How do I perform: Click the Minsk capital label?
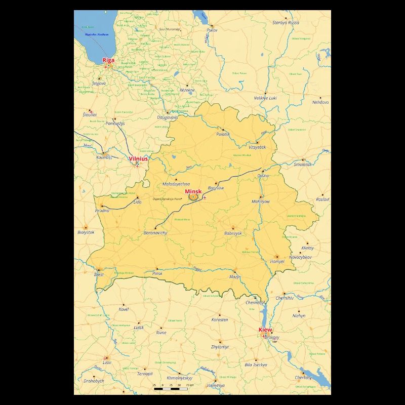click(x=193, y=191)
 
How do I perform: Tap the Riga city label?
click(x=108, y=60)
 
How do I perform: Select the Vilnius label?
click(x=138, y=158)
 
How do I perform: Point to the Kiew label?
click(x=265, y=330)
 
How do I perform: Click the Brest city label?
click(x=99, y=274)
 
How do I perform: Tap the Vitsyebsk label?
click(x=257, y=147)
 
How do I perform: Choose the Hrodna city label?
click(x=102, y=210)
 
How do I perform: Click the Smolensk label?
click(x=303, y=165)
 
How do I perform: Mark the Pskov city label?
click(x=212, y=30)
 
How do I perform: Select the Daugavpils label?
click(x=168, y=117)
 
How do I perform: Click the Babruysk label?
click(x=233, y=233)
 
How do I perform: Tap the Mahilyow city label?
click(x=261, y=201)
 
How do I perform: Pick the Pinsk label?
click(x=157, y=273)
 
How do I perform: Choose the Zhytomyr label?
click(x=220, y=347)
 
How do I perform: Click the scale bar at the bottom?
click(x=171, y=388)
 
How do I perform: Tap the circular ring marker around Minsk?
click(x=193, y=197)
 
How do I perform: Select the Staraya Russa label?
click(x=286, y=23)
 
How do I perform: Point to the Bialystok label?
click(x=86, y=232)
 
